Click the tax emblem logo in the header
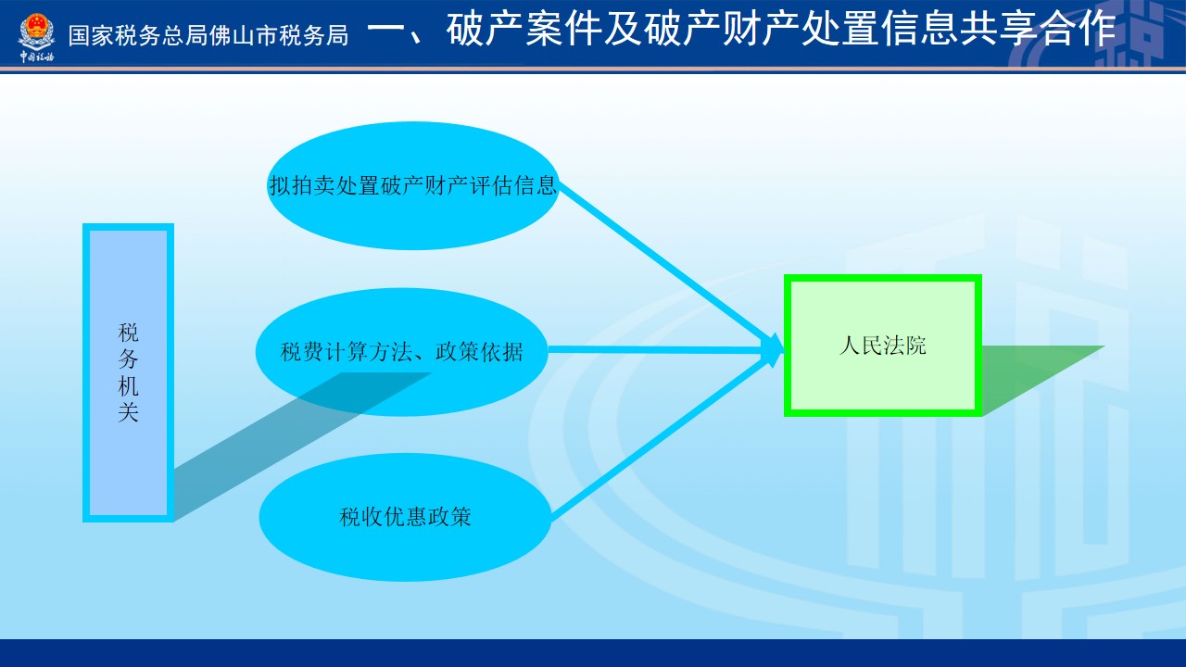pyautogui.click(x=36, y=32)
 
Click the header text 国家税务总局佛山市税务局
pyautogui.click(x=208, y=36)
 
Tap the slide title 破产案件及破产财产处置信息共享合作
pyautogui.click(x=781, y=30)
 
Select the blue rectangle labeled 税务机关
pyautogui.click(x=128, y=372)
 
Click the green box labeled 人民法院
pyautogui.click(x=883, y=346)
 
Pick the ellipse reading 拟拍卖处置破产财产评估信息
pyautogui.click(x=413, y=186)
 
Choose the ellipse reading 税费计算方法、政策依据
pyautogui.click(x=401, y=351)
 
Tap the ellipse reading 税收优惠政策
pyautogui.click(x=405, y=517)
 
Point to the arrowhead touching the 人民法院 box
pyautogui.click(x=773, y=350)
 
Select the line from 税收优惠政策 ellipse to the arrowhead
pyautogui.click(x=659, y=438)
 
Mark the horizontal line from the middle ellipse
pyautogui.click(x=655, y=349)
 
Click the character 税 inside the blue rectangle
pyautogui.click(x=128, y=333)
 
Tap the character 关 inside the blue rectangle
pyautogui.click(x=128, y=412)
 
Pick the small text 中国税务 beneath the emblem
pyautogui.click(x=36, y=57)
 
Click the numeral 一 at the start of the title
pyautogui.click(x=385, y=30)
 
